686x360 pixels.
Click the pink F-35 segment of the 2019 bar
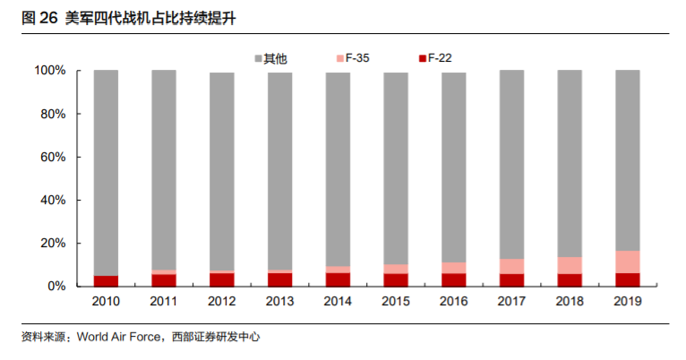(627, 261)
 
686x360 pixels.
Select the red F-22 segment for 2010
(106, 280)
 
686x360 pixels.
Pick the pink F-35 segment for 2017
(511, 266)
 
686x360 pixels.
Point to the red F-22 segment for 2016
(453, 279)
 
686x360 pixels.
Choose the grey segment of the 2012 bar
(221, 170)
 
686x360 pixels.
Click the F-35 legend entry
(352, 58)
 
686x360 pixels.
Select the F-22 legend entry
(435, 58)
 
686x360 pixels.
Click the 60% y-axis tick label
(52, 157)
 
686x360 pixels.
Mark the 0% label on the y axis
(56, 287)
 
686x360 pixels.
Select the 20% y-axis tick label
(52, 244)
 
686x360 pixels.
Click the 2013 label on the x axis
(279, 302)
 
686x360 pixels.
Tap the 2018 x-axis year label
(570, 302)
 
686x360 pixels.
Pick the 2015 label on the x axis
(396, 302)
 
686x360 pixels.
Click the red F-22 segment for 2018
(570, 279)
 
